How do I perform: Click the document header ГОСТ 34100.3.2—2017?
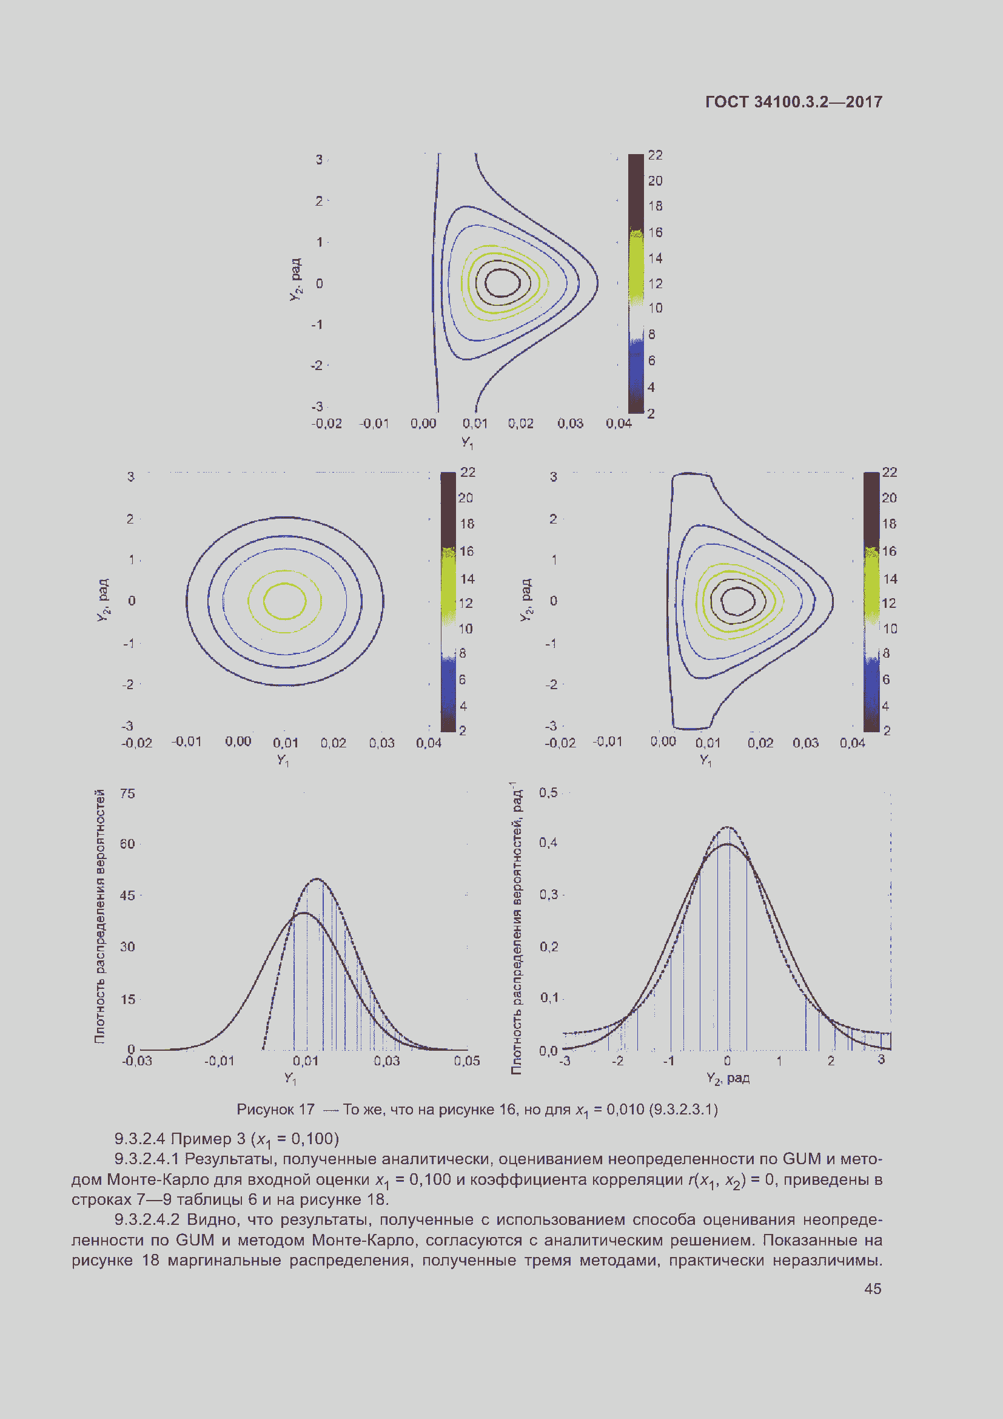tap(793, 102)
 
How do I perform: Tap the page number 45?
tap(872, 1289)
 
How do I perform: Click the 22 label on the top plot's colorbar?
tap(655, 155)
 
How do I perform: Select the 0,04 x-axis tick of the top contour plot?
tap(618, 423)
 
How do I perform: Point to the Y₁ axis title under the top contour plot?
tap(467, 442)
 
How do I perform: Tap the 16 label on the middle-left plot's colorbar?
tap(466, 551)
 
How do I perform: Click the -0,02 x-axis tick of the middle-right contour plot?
tap(560, 742)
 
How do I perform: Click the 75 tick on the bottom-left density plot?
tap(127, 794)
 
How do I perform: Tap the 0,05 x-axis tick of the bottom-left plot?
tap(466, 1060)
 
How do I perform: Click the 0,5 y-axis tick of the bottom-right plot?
tap(548, 792)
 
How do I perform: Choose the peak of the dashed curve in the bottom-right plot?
tap(728, 827)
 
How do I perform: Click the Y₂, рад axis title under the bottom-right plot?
tap(728, 1079)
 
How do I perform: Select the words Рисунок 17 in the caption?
tap(275, 1110)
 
